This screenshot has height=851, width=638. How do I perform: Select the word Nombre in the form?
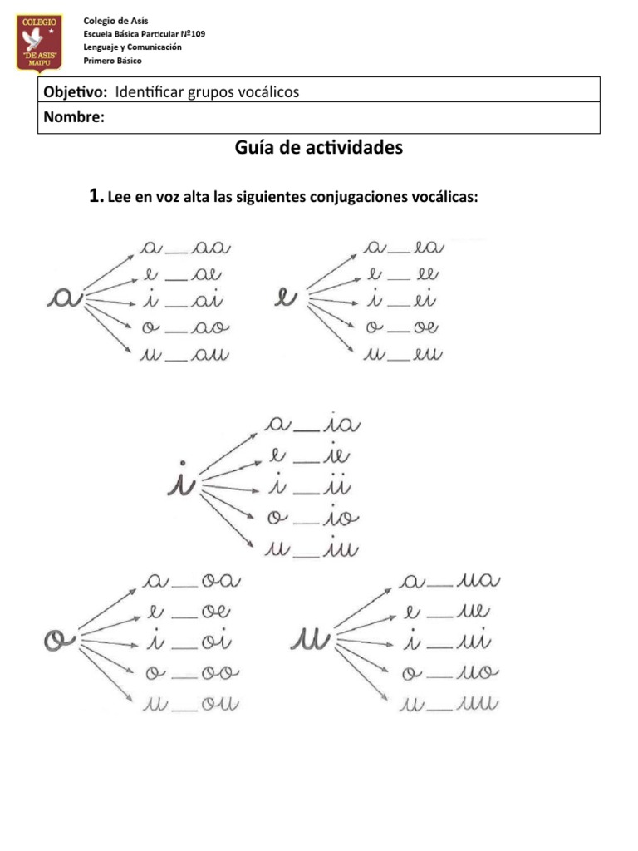pyautogui.click(x=73, y=118)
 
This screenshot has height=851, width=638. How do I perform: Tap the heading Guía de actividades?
pyautogui.click(x=319, y=148)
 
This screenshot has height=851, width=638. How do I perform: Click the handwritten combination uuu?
pyautogui.click(x=476, y=705)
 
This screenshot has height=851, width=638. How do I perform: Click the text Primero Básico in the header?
pyautogui.click(x=112, y=61)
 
